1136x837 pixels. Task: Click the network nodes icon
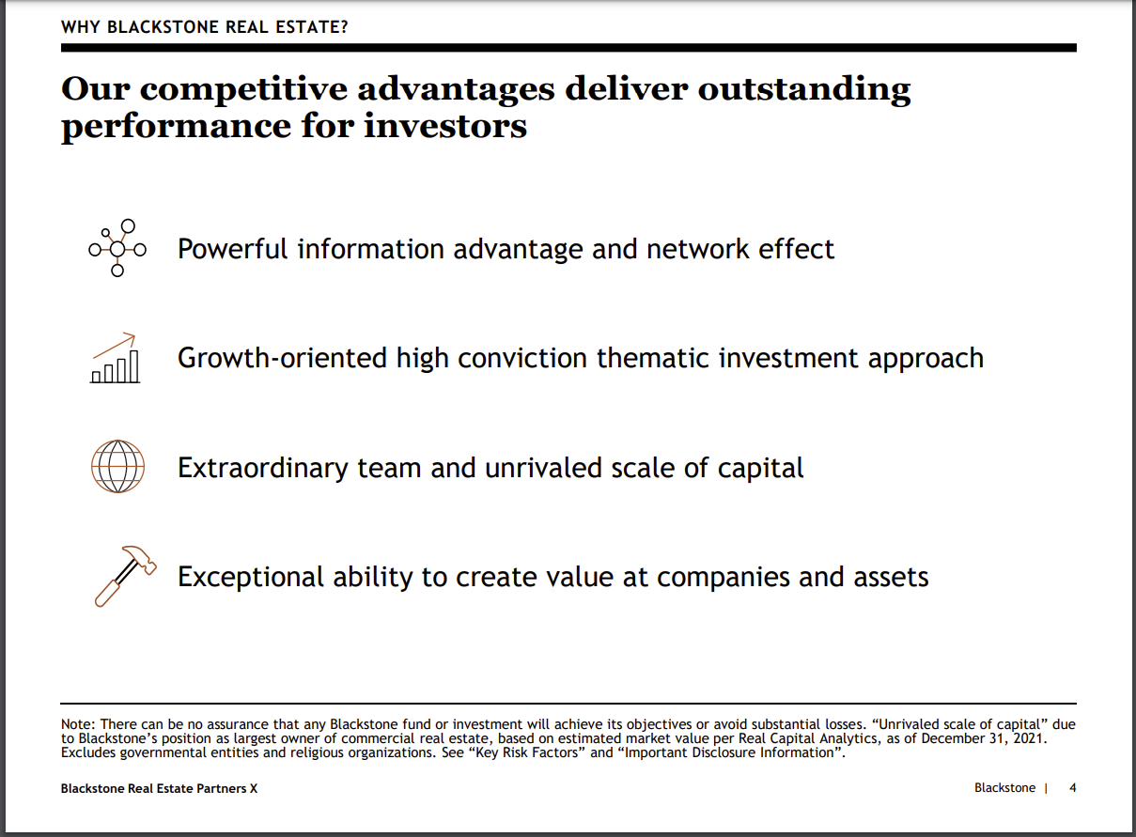tap(117, 248)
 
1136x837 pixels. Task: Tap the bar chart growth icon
tap(116, 359)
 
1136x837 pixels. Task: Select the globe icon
tap(117, 466)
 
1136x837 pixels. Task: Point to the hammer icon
tap(125, 576)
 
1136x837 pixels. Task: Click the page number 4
tap(1073, 788)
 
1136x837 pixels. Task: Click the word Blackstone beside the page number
tap(1004, 788)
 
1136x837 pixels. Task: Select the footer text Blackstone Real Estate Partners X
tap(159, 788)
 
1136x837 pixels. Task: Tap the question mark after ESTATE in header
tap(344, 27)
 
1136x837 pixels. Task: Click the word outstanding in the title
tap(804, 90)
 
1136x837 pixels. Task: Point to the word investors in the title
tap(445, 126)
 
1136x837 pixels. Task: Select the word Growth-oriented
tap(282, 359)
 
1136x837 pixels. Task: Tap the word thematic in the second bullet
tap(653, 358)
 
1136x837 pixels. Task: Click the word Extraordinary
tap(263, 469)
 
